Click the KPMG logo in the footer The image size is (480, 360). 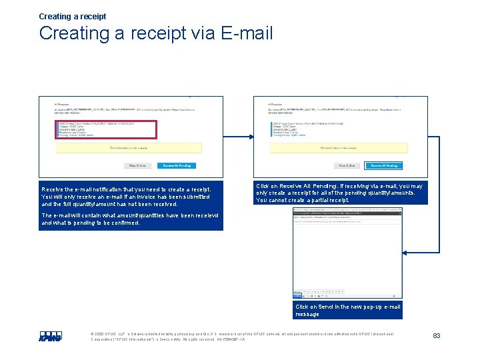50,337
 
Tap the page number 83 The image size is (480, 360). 437,335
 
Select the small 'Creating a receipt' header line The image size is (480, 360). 73,16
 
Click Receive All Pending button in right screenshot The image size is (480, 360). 384,165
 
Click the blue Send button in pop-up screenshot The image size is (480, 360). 298,215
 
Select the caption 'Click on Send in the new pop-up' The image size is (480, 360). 347,310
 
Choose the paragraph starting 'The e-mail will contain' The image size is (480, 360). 131,219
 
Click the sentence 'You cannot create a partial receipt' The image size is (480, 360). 303,200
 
